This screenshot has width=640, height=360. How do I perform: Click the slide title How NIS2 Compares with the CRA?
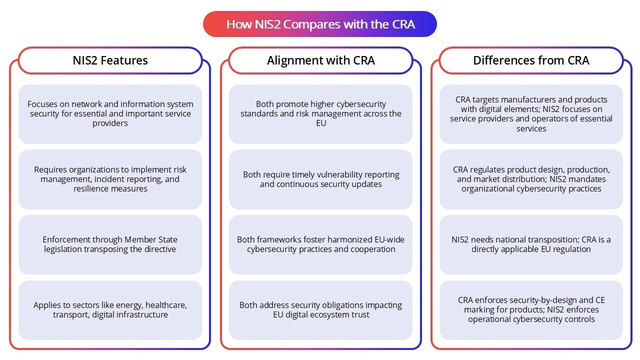tap(320, 24)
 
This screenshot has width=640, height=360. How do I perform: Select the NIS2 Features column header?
tap(110, 60)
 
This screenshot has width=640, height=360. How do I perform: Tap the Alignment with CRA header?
tap(320, 60)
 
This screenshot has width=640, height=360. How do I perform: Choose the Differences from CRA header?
tap(531, 60)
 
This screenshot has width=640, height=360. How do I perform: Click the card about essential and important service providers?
tap(110, 114)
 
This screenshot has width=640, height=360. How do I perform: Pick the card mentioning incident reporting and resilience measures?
tap(110, 179)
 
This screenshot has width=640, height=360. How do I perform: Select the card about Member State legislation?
tap(110, 244)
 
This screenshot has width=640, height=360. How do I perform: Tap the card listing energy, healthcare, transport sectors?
tap(110, 310)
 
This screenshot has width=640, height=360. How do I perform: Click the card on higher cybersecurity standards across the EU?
tap(320, 114)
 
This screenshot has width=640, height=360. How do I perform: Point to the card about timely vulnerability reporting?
tap(320, 179)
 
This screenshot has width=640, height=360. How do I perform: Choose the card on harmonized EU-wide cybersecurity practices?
tap(320, 244)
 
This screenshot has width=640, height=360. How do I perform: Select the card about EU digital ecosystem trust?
tap(320, 310)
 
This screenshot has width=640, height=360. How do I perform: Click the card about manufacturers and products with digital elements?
tap(531, 114)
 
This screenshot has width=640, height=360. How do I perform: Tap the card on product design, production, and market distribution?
tap(531, 179)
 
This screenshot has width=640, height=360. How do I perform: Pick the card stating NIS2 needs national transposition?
tap(531, 244)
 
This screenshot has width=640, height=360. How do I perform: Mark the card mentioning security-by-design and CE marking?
tap(531, 310)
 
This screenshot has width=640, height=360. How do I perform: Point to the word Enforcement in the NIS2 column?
tap(66, 239)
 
